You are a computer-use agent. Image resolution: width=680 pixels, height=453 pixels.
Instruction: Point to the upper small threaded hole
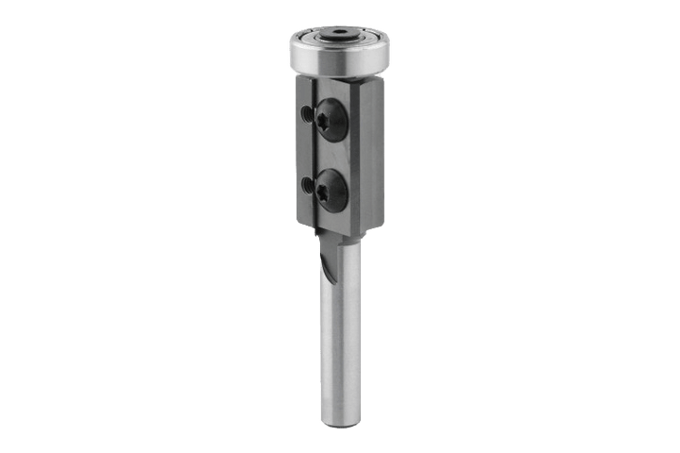(x=306, y=114)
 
